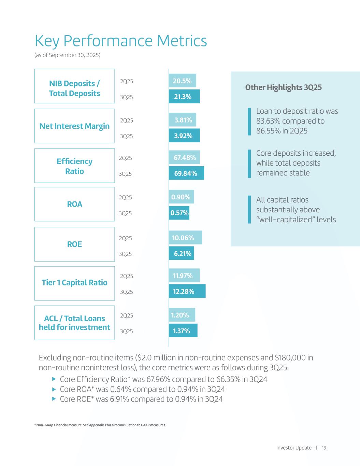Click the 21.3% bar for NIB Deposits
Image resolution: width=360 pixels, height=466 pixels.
pos(184,97)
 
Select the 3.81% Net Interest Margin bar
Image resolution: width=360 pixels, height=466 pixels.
pos(183,120)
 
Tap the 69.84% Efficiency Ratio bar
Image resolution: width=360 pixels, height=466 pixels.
pos(186,173)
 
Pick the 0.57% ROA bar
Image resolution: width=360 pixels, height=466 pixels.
pos(179,213)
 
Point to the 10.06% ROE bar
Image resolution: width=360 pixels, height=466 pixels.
pos(185,238)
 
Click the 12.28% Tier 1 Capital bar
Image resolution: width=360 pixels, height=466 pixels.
pos(187,291)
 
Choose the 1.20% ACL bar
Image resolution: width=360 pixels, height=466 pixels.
pos(182,315)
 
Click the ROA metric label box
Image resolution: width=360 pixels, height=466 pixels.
pos(74,204)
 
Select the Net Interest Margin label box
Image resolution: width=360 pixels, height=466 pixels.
pos(74,126)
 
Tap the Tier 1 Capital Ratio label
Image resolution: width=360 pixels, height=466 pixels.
pos(74,283)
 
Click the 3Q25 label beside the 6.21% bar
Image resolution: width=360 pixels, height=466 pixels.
pos(125,254)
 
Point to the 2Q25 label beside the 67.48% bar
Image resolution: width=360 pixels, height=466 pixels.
pos(125,158)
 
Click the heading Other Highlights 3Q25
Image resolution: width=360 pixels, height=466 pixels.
pos(283,87)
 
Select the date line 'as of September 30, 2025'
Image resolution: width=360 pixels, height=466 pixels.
pos(68,55)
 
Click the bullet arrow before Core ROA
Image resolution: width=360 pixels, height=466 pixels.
pos(54,389)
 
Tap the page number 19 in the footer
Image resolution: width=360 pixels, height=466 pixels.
pos(324,448)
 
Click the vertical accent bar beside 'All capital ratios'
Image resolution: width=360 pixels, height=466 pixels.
pos(249,209)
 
